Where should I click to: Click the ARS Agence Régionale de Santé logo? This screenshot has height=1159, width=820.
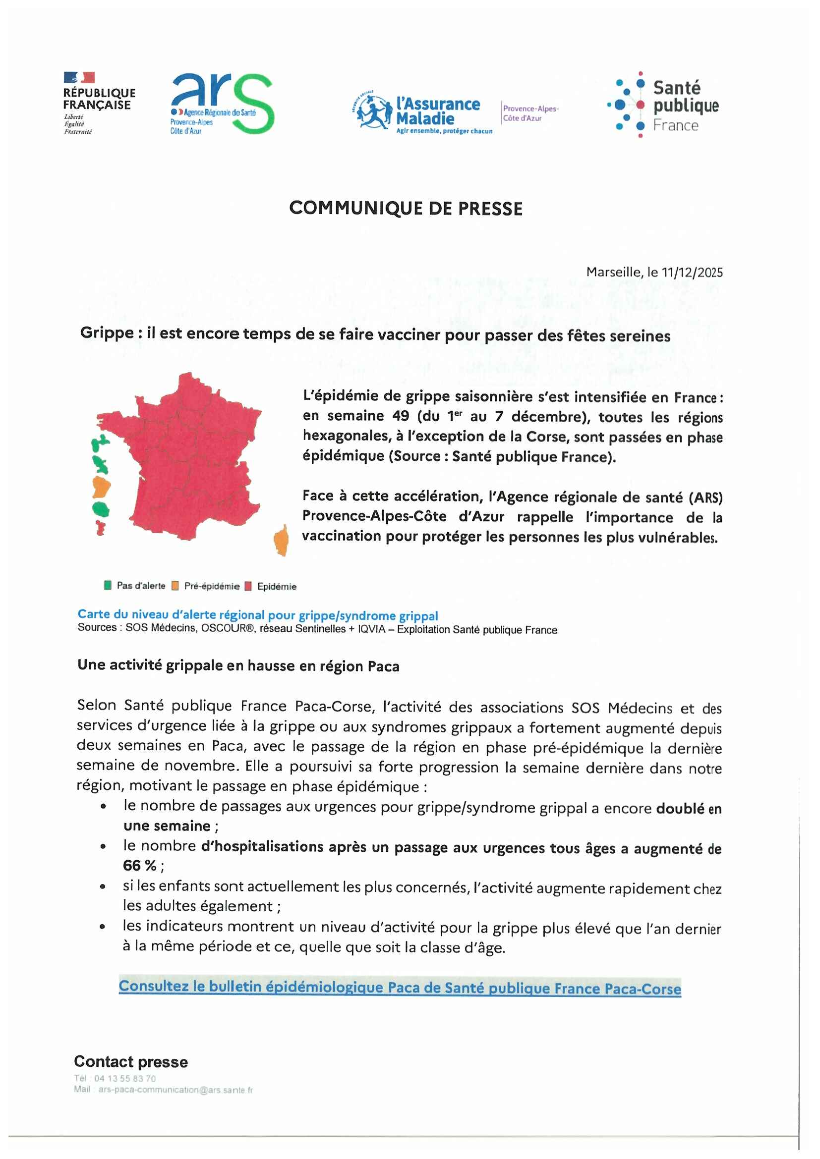coord(222,104)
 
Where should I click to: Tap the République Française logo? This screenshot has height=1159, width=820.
coord(99,103)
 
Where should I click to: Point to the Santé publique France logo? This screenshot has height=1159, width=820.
coord(663,105)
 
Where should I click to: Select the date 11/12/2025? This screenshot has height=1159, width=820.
coord(692,273)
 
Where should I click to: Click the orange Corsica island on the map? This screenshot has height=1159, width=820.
coord(281,541)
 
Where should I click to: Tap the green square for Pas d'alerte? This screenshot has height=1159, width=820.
coord(108,586)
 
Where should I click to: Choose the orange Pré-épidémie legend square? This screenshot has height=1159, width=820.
coord(175,586)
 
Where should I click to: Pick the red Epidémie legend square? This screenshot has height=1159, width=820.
coord(248,586)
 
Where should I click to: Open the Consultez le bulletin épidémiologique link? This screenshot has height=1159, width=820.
coord(400,988)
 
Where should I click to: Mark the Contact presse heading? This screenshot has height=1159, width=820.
coord(131,1061)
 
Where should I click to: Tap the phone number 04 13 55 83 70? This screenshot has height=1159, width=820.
coord(125,1079)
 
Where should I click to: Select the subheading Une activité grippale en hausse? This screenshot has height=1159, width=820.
coord(238,666)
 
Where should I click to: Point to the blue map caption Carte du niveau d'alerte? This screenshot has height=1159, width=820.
coord(257,615)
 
